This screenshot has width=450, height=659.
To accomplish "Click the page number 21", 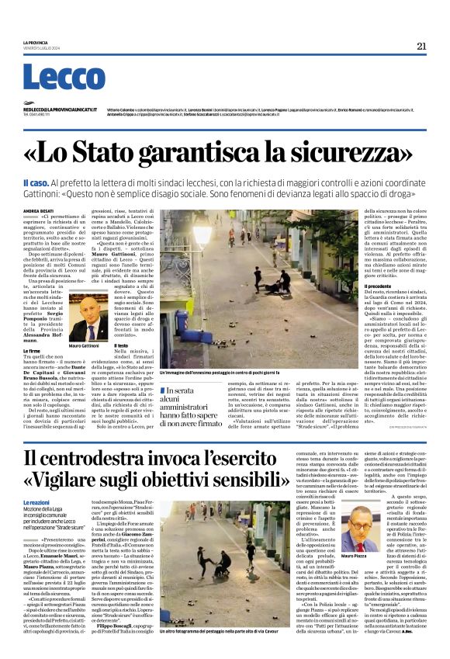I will (x=421, y=46).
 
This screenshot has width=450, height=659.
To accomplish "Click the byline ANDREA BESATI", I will (x=39, y=211).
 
